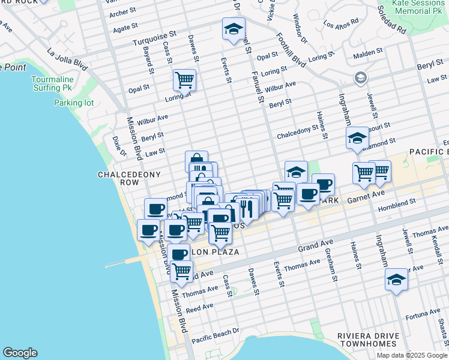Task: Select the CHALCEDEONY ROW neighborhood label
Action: click(122, 179)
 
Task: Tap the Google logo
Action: click(20, 353)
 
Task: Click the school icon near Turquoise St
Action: click(234, 29)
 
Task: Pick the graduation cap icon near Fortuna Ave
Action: click(396, 280)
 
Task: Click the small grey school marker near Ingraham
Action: click(360, 77)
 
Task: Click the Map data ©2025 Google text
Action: click(411, 355)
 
